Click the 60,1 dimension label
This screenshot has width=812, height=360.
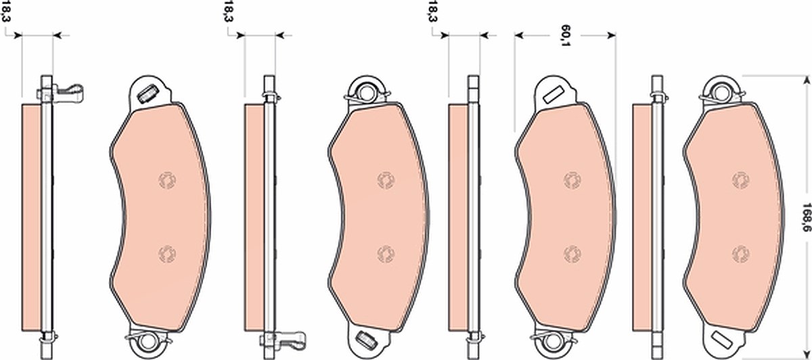point(564,35)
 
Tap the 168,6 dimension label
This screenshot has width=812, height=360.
point(806,218)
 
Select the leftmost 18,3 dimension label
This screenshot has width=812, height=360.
point(6,12)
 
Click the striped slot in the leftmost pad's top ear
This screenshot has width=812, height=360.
point(148,94)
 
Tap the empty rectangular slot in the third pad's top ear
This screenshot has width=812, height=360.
point(553,95)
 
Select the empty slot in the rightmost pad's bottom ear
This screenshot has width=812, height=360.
point(721,341)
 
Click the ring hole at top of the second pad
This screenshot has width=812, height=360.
point(366,93)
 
